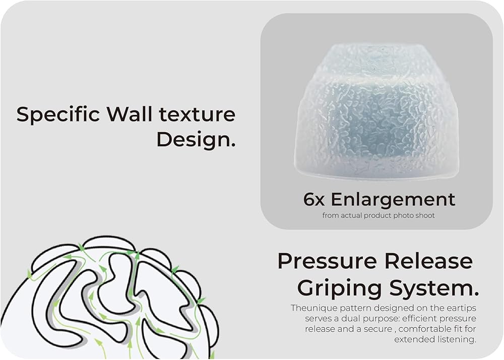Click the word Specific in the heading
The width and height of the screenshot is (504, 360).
pyautogui.click(x=58, y=115)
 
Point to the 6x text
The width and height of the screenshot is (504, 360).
pyautogui.click(x=314, y=200)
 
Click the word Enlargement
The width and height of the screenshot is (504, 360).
pyautogui.click(x=393, y=200)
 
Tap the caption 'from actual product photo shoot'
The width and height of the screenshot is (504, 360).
pyautogui.click(x=379, y=215)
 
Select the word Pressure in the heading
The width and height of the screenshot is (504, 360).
pyautogui.click(x=326, y=261)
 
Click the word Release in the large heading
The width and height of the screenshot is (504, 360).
pyautogui.click(x=429, y=261)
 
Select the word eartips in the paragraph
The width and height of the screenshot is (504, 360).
pyautogui.click(x=461, y=308)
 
